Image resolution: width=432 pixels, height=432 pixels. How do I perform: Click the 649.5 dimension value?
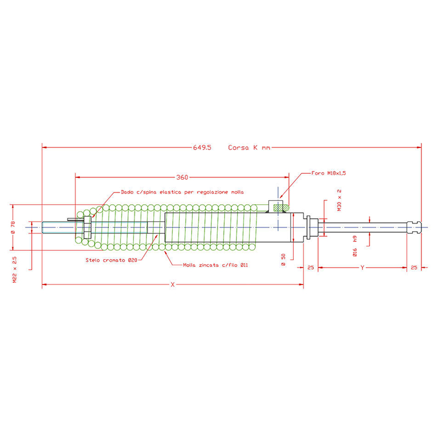click(x=202, y=147)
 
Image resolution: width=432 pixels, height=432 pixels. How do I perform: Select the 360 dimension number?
click(x=182, y=178)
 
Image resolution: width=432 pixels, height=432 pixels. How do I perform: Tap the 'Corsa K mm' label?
click(x=249, y=147)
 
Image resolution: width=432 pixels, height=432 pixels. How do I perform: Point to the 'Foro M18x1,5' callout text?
click(x=328, y=173)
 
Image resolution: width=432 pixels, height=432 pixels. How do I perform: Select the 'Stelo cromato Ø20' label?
click(x=111, y=260)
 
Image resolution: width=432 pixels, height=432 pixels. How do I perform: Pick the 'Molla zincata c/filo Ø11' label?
click(x=215, y=265)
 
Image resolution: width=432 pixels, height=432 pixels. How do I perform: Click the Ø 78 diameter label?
click(x=13, y=227)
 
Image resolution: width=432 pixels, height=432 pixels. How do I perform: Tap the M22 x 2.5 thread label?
click(x=15, y=269)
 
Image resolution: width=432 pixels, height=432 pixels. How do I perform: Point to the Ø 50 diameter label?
click(x=283, y=260)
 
